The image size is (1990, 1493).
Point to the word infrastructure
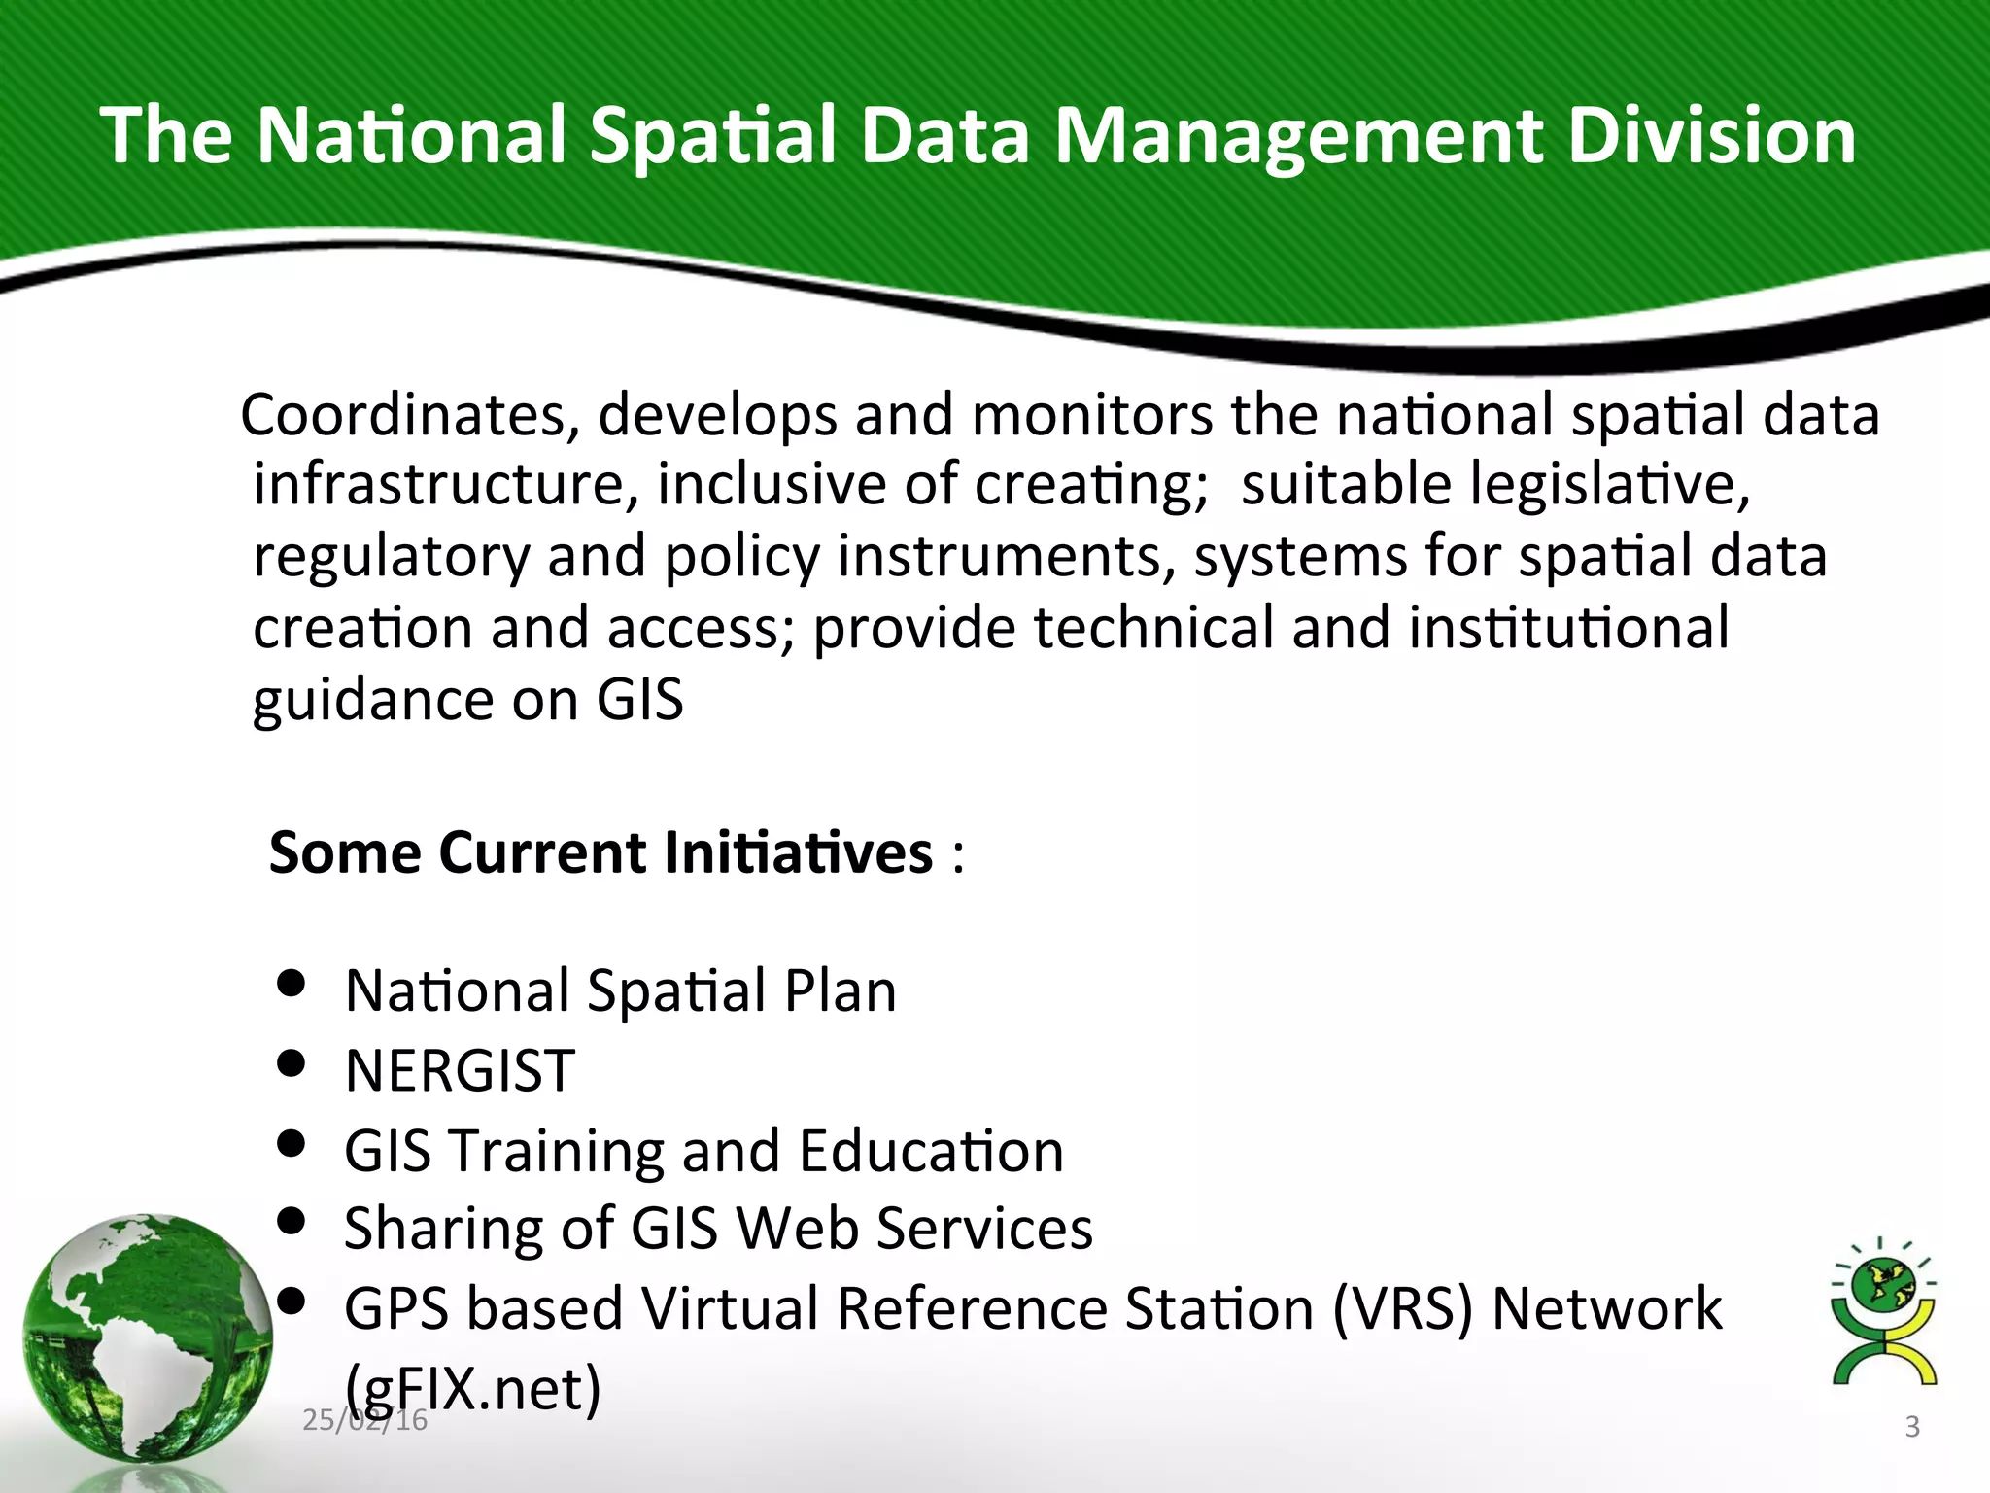tap(445, 484)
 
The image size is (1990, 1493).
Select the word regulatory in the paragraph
tap(391, 558)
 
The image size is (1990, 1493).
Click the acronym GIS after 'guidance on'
tap(639, 699)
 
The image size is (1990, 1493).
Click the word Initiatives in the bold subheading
tap(799, 852)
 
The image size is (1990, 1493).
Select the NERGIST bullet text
tap(460, 1071)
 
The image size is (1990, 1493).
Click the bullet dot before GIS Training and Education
tap(292, 1143)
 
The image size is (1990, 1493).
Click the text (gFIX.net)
tap(473, 1388)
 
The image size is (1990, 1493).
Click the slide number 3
tap(1911, 1427)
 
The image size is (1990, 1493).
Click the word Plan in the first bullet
tap(840, 991)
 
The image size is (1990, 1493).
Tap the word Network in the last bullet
tap(1606, 1308)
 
